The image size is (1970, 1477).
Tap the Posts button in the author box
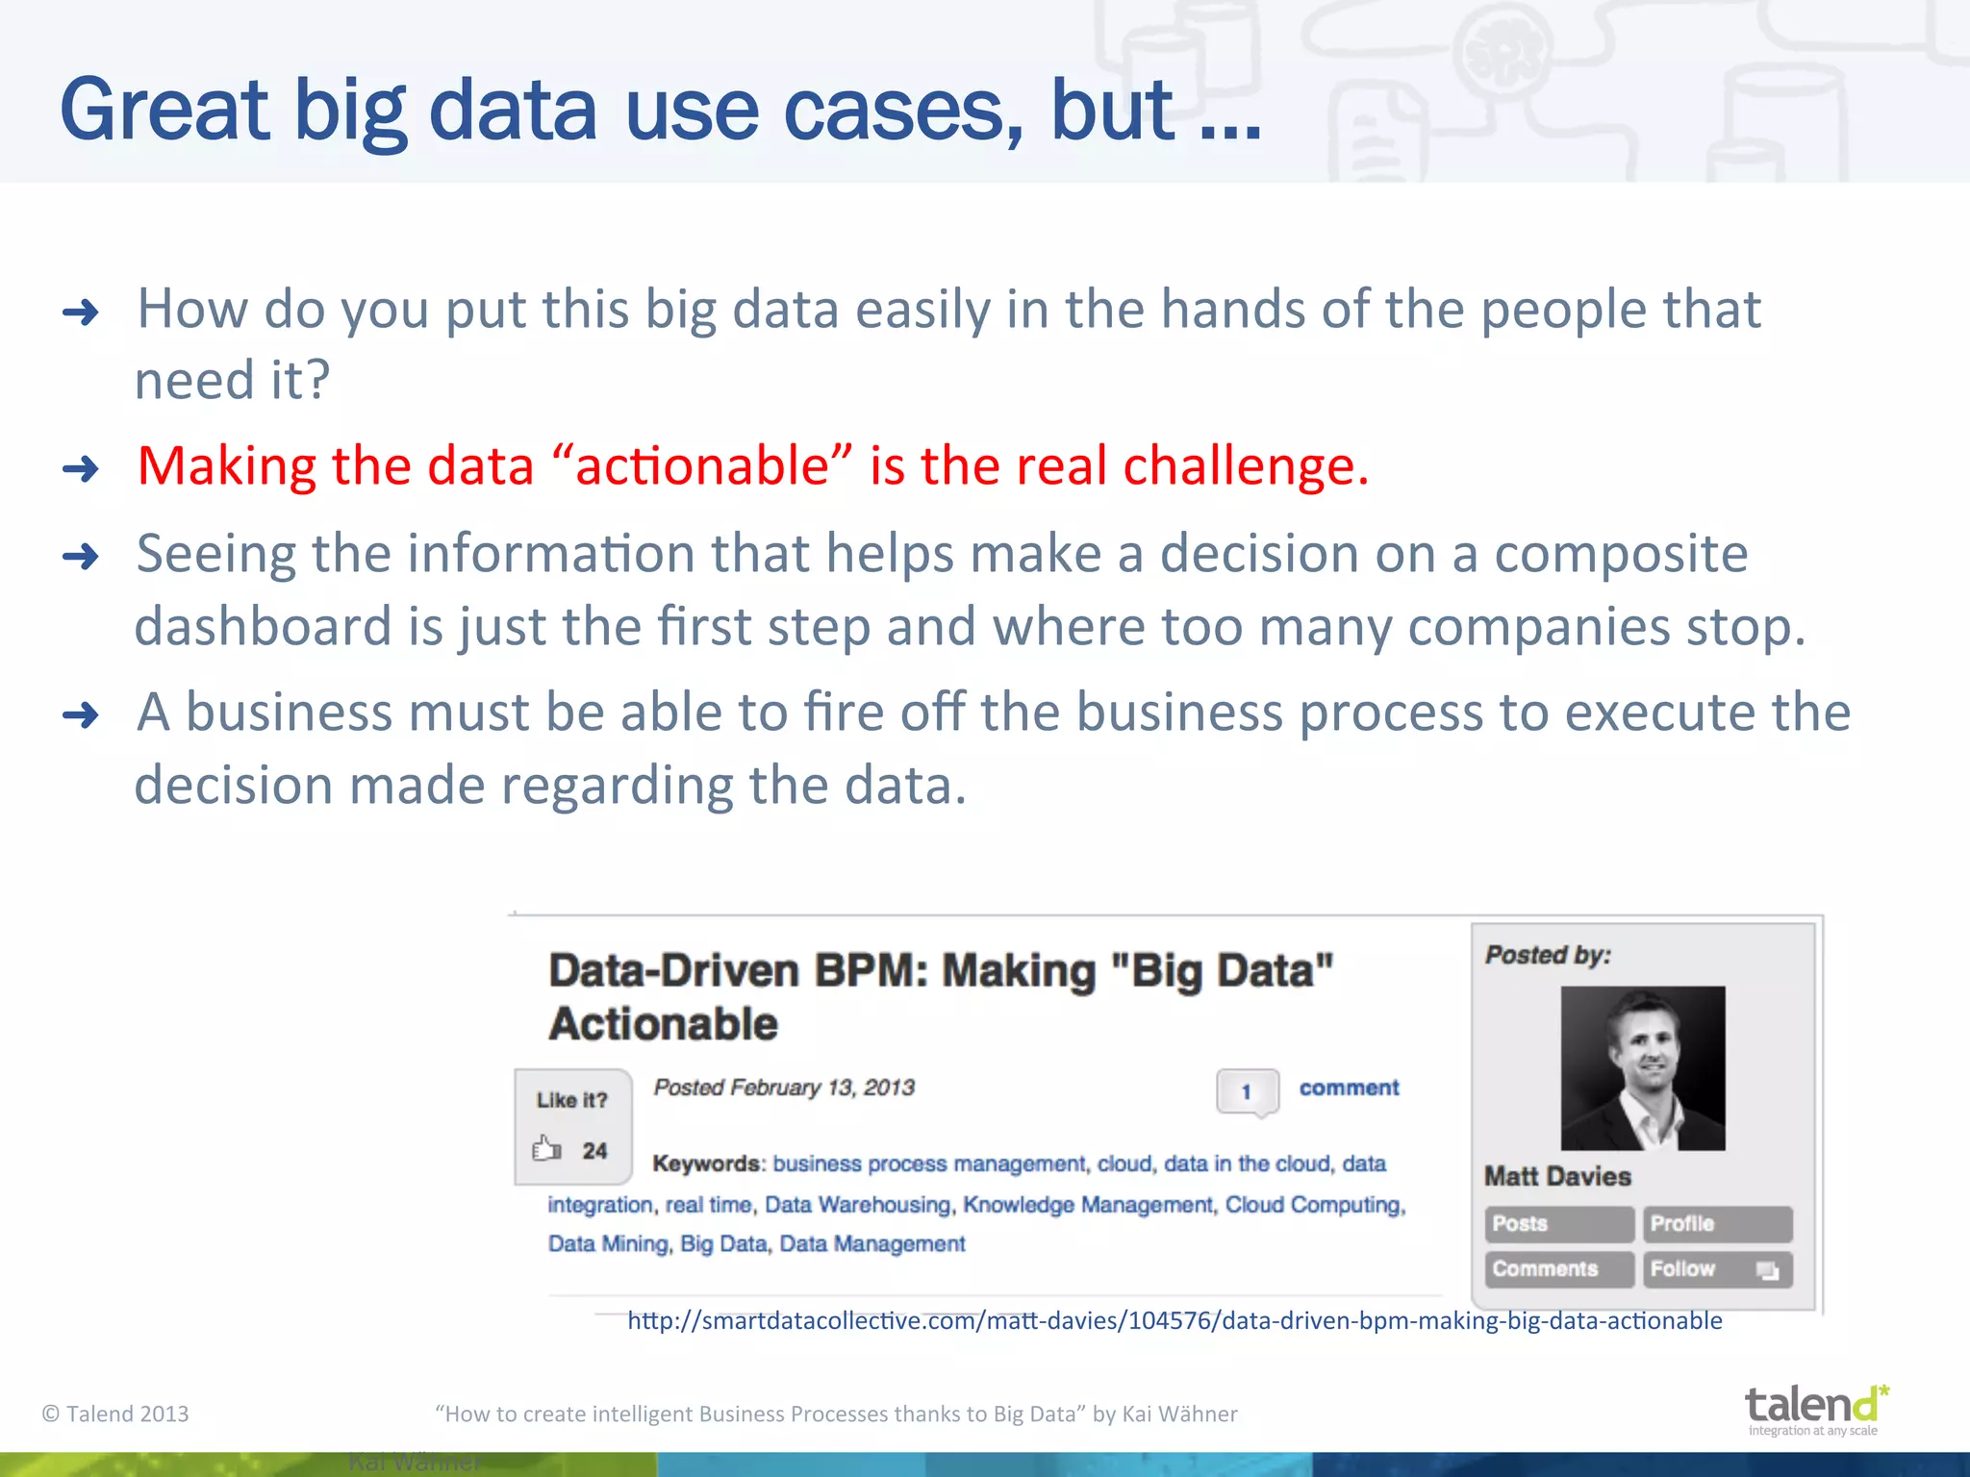pos(1558,1224)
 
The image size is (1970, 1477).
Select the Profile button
pos(1716,1224)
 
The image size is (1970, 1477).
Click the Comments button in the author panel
pos(1558,1269)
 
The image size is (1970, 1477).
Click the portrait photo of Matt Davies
pos(1642,1068)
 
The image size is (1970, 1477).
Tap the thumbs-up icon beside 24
pos(546,1149)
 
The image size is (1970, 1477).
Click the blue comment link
pos(1349,1088)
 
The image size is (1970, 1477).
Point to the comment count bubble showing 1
pos(1247,1091)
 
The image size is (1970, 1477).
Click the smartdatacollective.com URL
pos(1174,1320)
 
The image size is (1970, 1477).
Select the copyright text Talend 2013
pos(115,1414)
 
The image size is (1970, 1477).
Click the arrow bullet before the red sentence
pos(81,469)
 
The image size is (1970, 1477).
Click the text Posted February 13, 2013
pos(783,1088)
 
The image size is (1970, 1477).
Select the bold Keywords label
pos(706,1164)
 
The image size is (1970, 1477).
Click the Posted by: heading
pos(1548,955)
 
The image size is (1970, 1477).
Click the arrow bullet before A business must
pos(81,715)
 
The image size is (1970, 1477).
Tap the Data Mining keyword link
pos(607,1243)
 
